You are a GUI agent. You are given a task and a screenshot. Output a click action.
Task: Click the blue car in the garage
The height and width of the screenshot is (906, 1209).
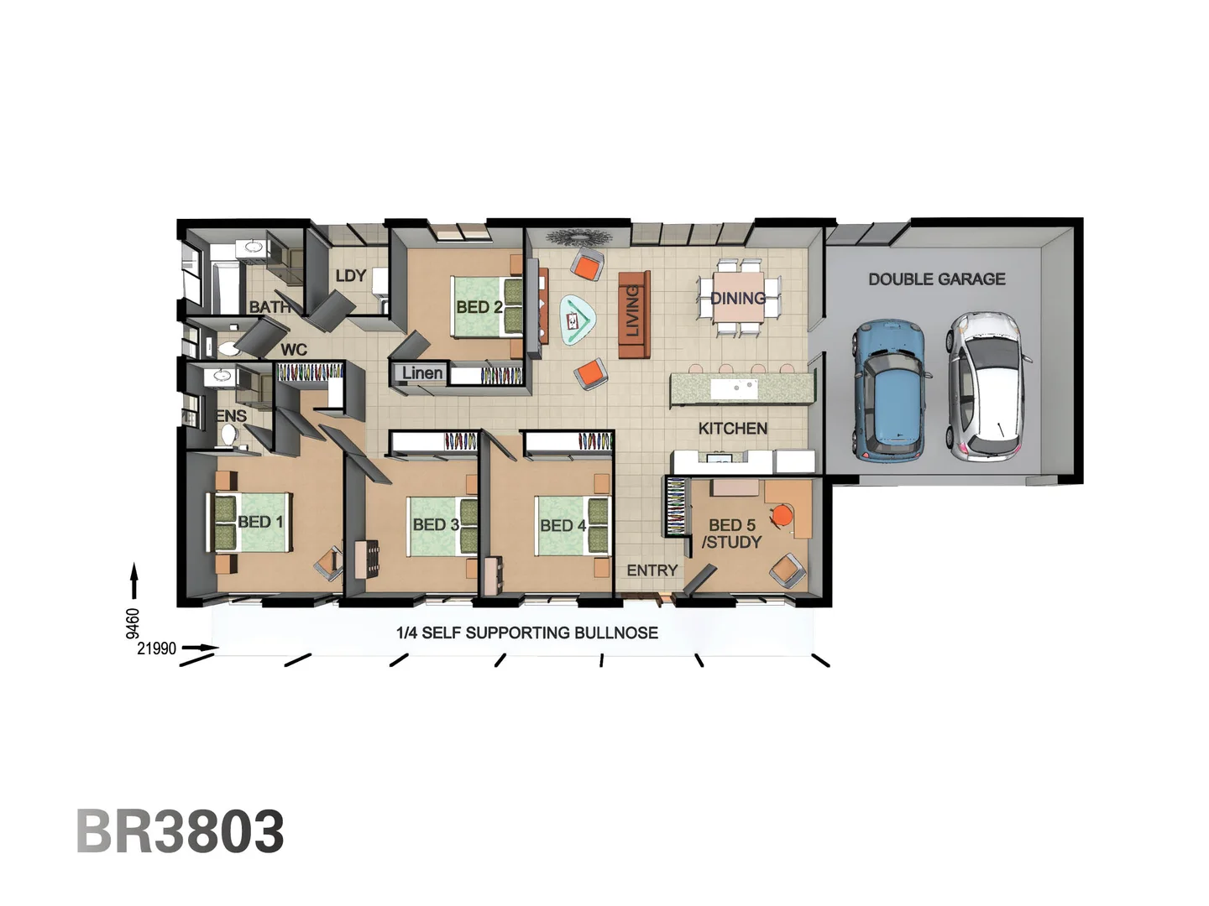(890, 390)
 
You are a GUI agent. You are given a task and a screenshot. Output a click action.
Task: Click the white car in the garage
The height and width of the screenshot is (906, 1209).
(989, 386)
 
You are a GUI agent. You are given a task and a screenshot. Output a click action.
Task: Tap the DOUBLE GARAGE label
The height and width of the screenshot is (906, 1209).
(936, 279)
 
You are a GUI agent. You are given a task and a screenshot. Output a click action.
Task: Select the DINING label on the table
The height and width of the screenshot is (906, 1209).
(738, 298)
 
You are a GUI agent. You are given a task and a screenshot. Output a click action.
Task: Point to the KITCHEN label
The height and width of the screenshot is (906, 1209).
(732, 429)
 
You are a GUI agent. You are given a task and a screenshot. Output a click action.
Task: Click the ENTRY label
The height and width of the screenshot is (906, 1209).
(652, 570)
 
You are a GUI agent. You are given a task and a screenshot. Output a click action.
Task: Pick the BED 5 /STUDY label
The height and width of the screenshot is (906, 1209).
(731, 534)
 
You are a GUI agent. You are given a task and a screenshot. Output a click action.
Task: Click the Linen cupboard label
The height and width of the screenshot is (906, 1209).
(421, 372)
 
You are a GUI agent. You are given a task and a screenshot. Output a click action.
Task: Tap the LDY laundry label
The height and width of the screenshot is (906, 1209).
(350, 276)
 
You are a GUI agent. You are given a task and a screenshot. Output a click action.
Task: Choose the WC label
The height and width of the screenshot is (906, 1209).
(293, 350)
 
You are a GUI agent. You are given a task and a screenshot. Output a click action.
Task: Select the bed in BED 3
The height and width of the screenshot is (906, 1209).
(441, 526)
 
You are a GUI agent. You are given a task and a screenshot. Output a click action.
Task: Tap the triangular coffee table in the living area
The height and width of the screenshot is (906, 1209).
(578, 320)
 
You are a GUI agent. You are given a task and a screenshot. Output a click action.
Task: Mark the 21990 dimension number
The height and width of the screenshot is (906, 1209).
(157, 648)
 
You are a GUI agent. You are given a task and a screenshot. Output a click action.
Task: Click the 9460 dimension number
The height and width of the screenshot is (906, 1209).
(133, 623)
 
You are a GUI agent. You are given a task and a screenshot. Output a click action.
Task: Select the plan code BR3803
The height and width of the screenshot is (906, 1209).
(181, 831)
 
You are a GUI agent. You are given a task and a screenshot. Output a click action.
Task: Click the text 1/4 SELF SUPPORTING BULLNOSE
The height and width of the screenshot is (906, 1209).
(526, 633)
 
